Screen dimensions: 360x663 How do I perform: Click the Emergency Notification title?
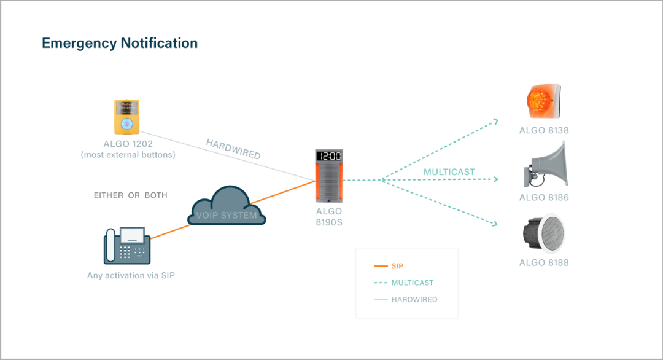tap(120, 43)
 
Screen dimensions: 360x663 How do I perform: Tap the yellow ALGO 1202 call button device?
tap(126, 117)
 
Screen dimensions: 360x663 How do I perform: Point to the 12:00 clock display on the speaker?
tap(329, 157)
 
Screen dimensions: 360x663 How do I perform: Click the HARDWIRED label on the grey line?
tap(233, 149)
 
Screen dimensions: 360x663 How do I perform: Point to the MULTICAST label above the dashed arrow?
tap(449, 172)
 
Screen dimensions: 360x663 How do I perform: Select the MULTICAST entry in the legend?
tap(412, 283)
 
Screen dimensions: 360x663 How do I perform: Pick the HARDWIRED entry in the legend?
tap(414, 300)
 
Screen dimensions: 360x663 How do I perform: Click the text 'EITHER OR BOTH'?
tap(130, 195)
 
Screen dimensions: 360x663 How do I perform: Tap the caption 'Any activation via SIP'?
tap(131, 275)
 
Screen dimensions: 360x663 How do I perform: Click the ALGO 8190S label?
tap(328, 217)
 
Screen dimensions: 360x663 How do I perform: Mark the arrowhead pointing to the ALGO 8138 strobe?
tap(495, 122)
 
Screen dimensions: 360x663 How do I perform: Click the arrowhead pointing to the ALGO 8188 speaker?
tap(495, 224)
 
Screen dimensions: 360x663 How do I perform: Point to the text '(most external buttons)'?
tap(128, 155)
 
